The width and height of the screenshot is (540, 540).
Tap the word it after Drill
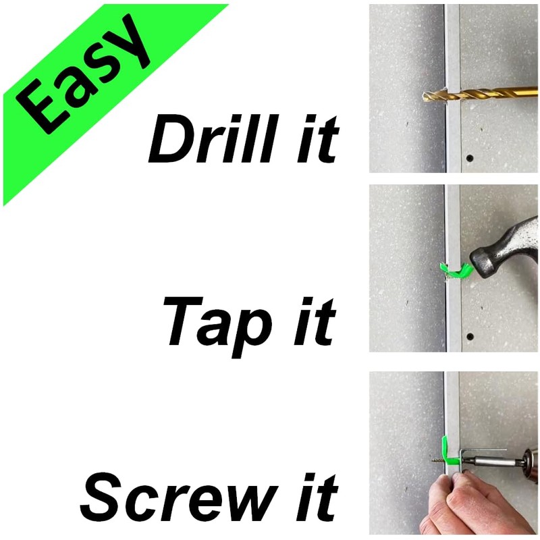point(317,140)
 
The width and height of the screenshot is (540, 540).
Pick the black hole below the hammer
point(470,335)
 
